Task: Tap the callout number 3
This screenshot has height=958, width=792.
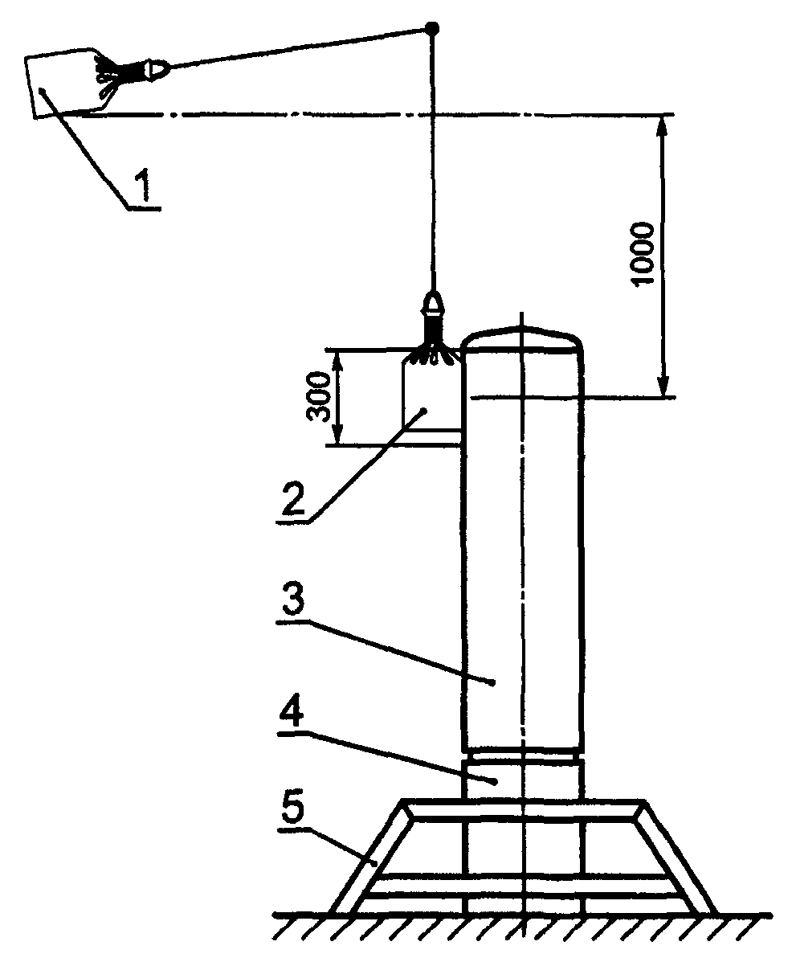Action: [292, 603]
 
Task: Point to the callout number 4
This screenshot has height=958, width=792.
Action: [292, 710]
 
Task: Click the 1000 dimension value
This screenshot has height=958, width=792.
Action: [643, 253]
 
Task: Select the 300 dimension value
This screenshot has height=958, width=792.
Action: [319, 396]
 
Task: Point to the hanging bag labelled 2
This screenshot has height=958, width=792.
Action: [430, 396]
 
